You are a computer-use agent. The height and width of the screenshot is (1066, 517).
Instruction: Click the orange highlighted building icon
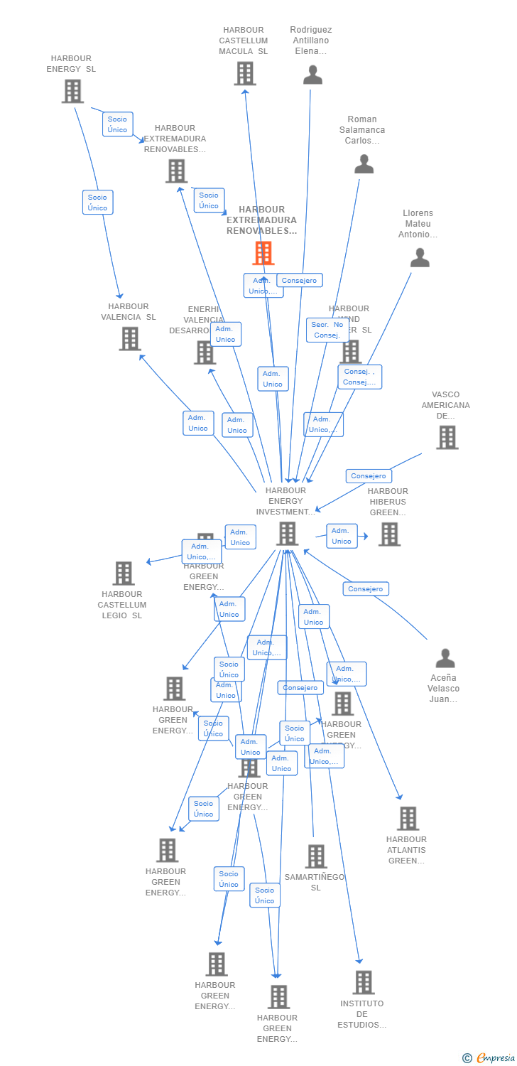point(263,253)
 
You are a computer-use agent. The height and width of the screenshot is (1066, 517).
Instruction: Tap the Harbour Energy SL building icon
point(72,91)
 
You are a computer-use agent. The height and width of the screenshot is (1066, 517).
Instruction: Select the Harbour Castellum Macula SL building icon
point(244,73)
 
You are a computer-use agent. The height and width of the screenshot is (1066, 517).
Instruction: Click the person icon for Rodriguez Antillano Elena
point(312,75)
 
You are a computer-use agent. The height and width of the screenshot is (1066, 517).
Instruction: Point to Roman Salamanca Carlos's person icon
point(364,164)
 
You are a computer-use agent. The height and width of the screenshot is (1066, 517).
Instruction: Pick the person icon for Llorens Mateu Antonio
point(420,258)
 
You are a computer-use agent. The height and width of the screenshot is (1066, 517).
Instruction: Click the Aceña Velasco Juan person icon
point(445,659)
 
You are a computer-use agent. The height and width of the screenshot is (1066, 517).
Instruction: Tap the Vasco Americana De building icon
point(447,438)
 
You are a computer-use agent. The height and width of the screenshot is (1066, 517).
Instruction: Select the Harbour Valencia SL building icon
point(130,339)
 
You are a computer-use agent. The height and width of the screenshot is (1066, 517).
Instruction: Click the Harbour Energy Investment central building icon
point(287,534)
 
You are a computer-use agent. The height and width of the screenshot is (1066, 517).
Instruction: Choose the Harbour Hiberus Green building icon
point(389,534)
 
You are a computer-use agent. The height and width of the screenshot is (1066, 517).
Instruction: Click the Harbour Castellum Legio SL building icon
point(124,574)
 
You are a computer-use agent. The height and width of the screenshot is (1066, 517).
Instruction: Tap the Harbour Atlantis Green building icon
point(408,819)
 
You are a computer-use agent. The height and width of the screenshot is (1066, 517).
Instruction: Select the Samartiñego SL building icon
point(316,856)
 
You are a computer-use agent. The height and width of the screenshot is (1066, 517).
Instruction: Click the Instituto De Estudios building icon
point(363,983)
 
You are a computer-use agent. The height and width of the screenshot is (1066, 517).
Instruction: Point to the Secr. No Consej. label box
point(327,330)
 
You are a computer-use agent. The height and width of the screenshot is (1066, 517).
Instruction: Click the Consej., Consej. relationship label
point(360,377)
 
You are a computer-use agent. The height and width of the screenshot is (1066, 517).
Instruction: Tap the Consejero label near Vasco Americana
point(369,476)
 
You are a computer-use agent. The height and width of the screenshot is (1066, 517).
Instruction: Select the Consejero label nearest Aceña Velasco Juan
point(366,588)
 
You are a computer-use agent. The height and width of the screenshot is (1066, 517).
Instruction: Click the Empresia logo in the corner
point(489,1058)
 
